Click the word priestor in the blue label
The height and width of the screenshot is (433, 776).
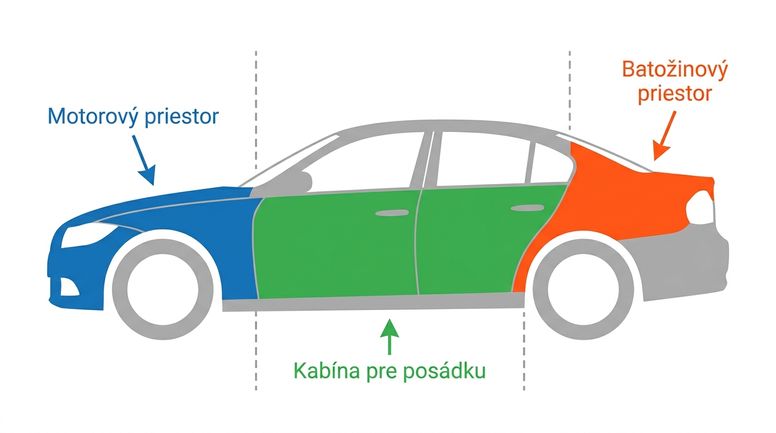click(182, 116)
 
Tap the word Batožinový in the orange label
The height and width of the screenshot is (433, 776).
click(675, 69)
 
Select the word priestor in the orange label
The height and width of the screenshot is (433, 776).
click(675, 94)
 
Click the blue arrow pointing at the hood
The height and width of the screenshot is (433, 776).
click(143, 160)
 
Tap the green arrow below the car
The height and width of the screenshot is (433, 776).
click(389, 337)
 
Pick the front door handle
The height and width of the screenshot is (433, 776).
click(392, 213)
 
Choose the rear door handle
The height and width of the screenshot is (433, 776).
click(527, 208)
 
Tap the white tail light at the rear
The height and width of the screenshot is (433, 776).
click(700, 207)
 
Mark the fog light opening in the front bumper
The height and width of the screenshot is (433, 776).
click(69, 287)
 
